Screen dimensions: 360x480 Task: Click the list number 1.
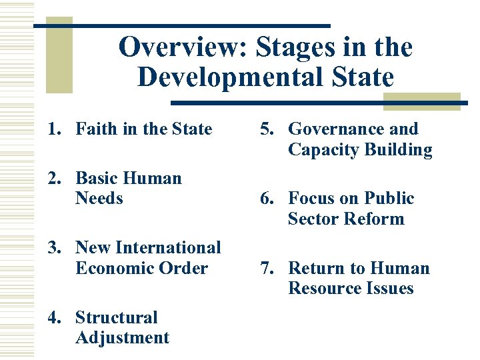pyautogui.click(x=53, y=129)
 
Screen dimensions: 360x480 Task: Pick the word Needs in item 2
pyautogui.click(x=99, y=198)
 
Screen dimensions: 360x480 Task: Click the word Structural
pyautogui.click(x=117, y=317)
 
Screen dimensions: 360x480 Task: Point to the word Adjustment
pyautogui.click(x=123, y=337)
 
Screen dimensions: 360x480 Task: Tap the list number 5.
pyautogui.click(x=265, y=129)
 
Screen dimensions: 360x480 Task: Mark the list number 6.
pyautogui.click(x=265, y=199)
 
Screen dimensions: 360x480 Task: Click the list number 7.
pyautogui.click(x=265, y=268)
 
